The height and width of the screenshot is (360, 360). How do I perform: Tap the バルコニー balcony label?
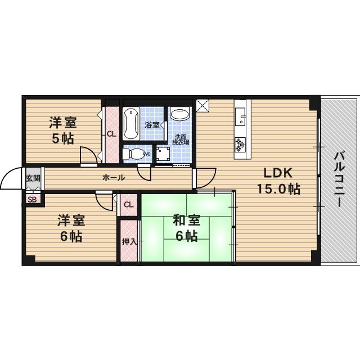click(x=339, y=179)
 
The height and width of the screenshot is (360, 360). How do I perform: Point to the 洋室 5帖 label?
click(x=62, y=130)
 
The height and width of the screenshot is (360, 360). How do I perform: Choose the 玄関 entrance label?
click(x=33, y=179)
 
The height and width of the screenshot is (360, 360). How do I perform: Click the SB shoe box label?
click(x=31, y=198)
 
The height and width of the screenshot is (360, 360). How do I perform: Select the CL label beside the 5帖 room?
click(x=111, y=134)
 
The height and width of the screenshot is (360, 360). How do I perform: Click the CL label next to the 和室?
click(x=128, y=205)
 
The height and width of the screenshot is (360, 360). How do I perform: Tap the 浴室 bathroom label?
click(x=152, y=124)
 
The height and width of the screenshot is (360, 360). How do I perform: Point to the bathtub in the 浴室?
click(x=131, y=123)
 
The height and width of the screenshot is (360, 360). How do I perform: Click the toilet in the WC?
click(x=131, y=153)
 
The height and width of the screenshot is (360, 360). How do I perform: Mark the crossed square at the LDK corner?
click(x=202, y=105)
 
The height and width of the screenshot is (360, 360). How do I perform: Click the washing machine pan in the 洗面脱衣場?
click(x=163, y=154)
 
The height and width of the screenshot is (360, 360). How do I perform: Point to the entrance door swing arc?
click(x=11, y=179)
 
